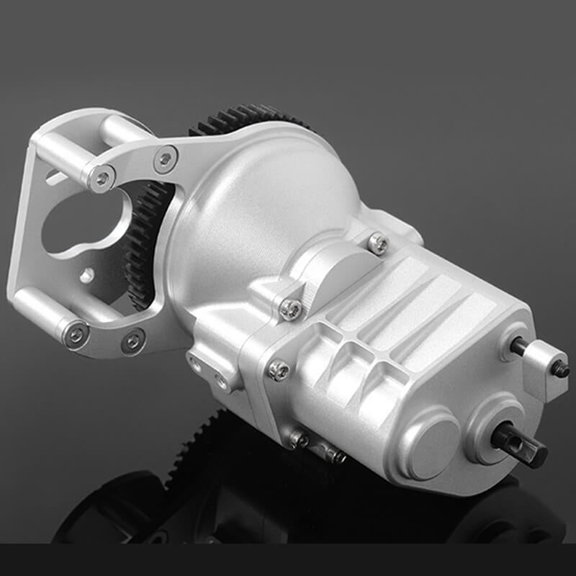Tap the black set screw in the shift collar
click(560, 369)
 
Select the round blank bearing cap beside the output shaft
click(431, 438)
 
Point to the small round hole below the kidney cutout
click(87, 274)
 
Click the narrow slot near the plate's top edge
click(53, 175)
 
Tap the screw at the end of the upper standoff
click(103, 176)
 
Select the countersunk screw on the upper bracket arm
click(166, 159)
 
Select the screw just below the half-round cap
click(290, 308)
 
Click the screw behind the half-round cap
click(377, 243)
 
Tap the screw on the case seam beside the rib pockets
click(279, 370)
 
